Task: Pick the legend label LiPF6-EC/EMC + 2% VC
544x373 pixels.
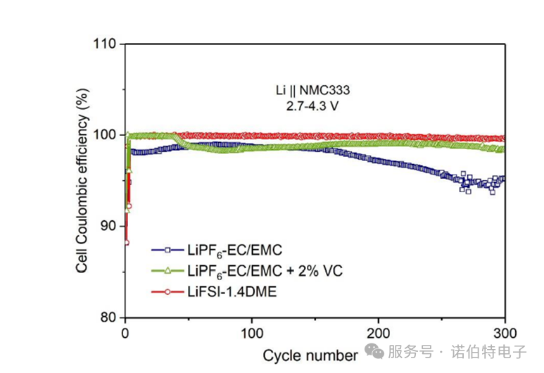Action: [264, 270]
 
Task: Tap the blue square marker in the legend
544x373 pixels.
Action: [167, 249]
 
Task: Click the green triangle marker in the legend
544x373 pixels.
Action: [167, 270]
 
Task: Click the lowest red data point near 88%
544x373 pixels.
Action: [126, 242]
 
